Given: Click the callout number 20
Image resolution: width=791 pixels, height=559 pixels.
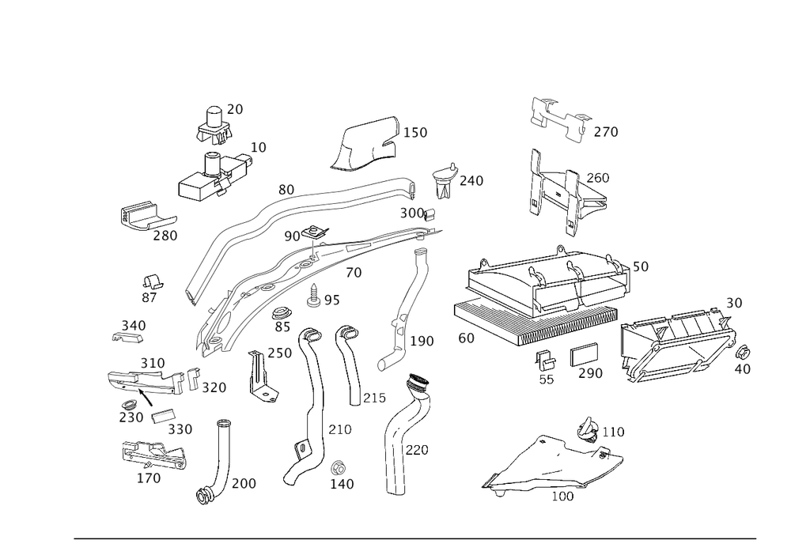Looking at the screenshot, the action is (235, 110).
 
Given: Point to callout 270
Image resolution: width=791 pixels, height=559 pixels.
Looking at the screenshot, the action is (606, 131).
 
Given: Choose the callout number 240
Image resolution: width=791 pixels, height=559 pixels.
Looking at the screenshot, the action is (471, 181).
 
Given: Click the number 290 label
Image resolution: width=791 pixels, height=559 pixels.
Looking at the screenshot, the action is (590, 372).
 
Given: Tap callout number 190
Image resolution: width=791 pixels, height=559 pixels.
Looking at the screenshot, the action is (422, 342).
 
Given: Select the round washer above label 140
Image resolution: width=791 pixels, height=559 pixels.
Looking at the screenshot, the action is (340, 464).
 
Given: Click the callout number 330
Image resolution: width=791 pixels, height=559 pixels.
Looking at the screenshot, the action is (180, 428).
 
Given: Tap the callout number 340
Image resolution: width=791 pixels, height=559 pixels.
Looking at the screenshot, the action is (133, 325).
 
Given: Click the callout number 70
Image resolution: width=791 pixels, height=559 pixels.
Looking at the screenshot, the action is (353, 273).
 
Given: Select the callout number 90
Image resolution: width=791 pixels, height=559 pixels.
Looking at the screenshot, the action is (291, 236).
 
